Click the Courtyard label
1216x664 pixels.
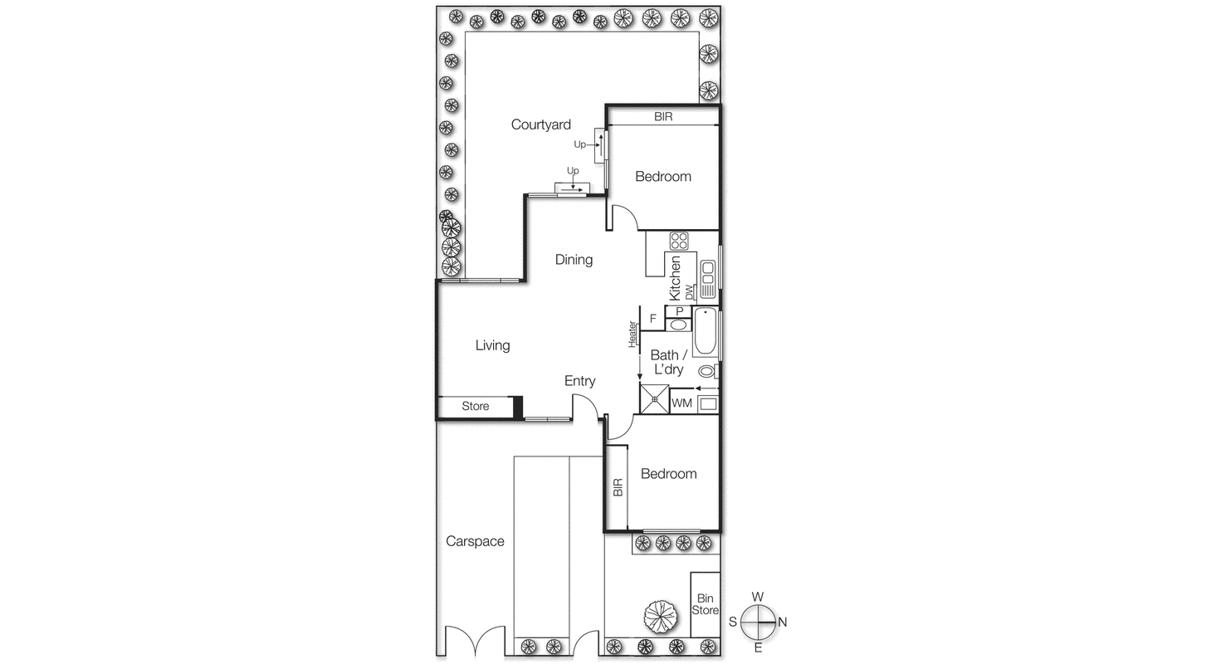tap(540, 124)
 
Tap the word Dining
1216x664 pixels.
tap(574, 260)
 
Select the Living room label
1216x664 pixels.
tap(492, 345)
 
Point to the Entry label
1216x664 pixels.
tap(579, 381)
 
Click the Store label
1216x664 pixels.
tap(476, 407)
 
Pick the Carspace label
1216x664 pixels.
tap(475, 541)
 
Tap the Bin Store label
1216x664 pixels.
tap(706, 604)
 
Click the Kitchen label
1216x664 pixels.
tap(676, 278)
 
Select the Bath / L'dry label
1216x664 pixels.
tap(667, 362)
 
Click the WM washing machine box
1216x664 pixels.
tap(681, 403)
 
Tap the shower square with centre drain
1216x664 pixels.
tap(654, 399)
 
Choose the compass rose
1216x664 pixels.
tap(757, 622)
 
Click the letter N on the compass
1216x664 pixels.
tap(782, 622)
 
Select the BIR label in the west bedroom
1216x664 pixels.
tap(663, 117)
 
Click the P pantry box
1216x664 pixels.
tap(679, 311)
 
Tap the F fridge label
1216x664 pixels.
tap(653, 318)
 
